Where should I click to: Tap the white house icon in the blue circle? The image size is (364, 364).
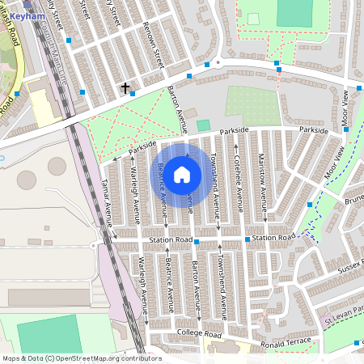pos(182,174)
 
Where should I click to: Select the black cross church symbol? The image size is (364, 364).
pos(125,87)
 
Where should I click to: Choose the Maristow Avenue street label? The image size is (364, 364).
pos(262,183)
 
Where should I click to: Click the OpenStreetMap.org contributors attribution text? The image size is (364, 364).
pos(81,358)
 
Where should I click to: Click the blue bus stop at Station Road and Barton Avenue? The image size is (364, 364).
pos(197,241)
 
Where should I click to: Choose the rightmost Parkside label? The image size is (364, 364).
pos(313,129)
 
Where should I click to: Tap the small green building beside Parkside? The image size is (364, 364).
pos(202,126)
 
